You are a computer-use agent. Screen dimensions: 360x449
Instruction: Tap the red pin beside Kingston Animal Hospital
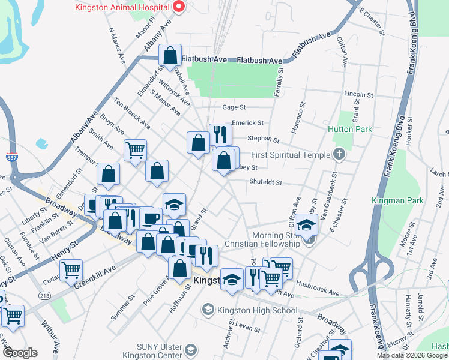point(178,7)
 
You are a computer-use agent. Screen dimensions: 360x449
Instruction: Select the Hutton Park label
point(350,129)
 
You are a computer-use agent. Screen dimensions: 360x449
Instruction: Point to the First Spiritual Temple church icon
point(339,155)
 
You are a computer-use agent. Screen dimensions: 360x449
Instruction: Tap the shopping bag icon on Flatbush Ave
point(170,55)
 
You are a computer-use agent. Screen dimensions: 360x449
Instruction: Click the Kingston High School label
point(257,310)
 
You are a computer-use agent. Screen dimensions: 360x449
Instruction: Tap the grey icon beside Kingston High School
point(208,310)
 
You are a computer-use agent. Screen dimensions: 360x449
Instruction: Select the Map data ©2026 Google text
point(412,355)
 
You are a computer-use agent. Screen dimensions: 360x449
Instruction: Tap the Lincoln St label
point(359,95)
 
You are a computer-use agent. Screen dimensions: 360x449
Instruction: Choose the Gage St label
point(234,107)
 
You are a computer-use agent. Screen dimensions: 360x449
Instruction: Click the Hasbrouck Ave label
point(318,292)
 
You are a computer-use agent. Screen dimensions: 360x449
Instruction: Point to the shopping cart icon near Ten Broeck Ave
point(136,149)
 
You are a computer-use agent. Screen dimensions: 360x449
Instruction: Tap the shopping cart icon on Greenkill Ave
point(71,270)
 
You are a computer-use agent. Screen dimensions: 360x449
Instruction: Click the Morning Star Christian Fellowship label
point(262,239)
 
